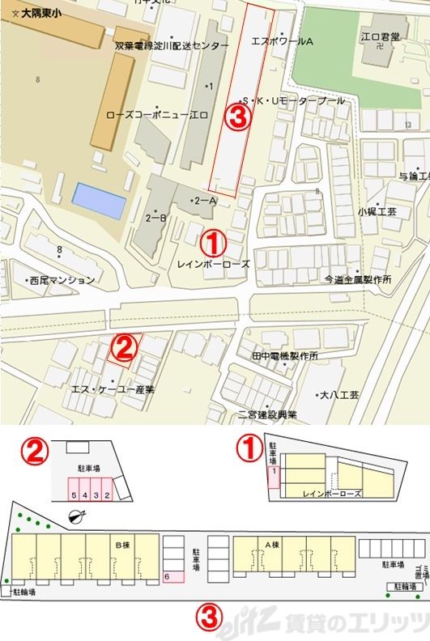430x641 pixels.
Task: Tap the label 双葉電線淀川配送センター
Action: [172, 47]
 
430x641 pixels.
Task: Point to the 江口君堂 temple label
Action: [380, 37]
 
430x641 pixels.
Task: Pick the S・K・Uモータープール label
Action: [296, 101]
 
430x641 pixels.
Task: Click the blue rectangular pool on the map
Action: [100, 200]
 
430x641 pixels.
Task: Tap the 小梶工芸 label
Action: [377, 210]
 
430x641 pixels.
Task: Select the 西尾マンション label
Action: [62, 281]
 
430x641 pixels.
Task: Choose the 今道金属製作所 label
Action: [357, 279]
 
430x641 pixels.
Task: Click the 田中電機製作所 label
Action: [284, 356]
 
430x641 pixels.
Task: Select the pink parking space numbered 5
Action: [73, 494]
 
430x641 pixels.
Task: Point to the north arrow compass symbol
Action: [77, 517]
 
